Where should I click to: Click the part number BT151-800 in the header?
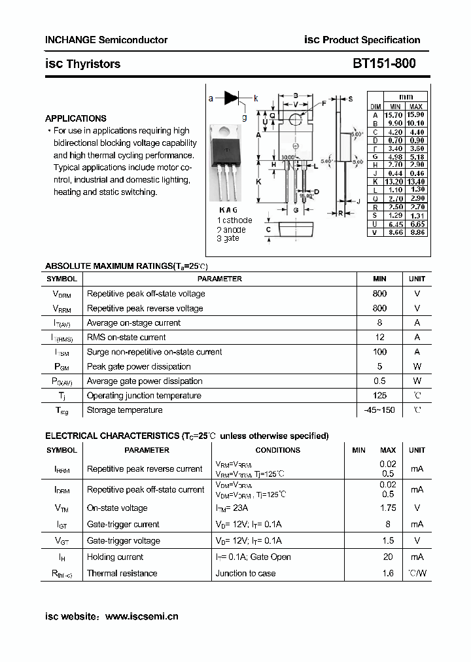pos(383,64)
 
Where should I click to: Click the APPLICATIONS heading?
pos(75,118)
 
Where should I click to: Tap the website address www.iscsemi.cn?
pos(141,616)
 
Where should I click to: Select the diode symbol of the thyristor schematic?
pos(232,98)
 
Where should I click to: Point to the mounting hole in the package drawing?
pos(296,119)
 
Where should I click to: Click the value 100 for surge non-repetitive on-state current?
pos(379,352)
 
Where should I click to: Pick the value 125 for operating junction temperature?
pos(379,395)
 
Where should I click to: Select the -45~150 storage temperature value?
pos(379,410)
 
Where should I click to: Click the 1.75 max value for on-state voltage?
pos(388,508)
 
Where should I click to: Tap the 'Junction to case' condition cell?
pos(245,573)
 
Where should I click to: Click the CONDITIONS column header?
pos(277,450)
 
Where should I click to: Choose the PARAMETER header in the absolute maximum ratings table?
pos(219,279)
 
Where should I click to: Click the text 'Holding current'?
pos(115,557)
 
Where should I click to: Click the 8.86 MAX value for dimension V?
pos(416,232)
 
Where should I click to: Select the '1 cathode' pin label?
pos(234,220)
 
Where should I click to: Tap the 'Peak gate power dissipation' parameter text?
pos(139,366)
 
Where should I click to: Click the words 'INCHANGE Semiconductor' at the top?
pos(106,40)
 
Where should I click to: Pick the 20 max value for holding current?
pos(388,557)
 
